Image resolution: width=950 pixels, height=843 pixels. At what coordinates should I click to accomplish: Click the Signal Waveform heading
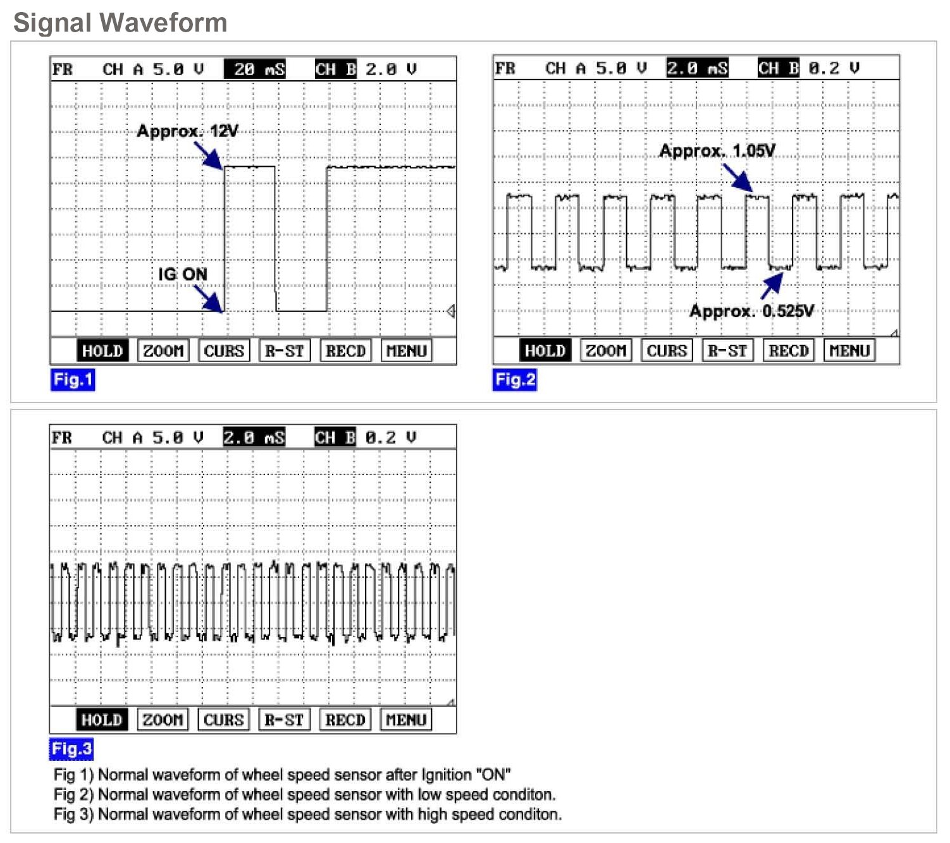click(x=120, y=23)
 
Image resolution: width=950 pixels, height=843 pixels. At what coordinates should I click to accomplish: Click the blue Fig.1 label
click(x=73, y=380)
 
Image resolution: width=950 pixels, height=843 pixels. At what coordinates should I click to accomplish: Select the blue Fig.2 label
click(x=515, y=380)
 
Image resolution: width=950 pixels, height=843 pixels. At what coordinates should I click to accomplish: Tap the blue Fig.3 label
click(x=71, y=749)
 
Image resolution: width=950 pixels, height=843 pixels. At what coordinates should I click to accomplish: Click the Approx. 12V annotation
click(x=187, y=131)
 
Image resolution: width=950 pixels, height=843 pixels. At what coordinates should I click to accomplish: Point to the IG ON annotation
click(x=182, y=274)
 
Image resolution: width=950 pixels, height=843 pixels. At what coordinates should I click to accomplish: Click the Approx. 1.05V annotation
click(x=717, y=151)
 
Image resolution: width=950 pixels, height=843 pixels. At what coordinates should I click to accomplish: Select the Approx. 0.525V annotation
click(x=751, y=311)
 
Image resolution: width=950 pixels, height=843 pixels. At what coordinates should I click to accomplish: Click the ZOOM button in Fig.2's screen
click(x=605, y=351)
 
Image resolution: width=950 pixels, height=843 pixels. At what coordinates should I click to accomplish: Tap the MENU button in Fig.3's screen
click(x=405, y=720)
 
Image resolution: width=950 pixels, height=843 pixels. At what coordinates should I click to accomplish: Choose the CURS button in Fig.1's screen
click(x=224, y=351)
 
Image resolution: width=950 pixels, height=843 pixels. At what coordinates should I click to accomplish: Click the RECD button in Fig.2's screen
click(x=788, y=351)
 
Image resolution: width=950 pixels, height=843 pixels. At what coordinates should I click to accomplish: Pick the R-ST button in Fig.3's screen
click(x=284, y=720)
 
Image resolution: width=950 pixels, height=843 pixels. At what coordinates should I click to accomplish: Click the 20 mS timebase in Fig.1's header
click(x=255, y=70)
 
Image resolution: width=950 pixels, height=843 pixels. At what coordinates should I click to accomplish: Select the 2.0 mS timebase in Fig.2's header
click(x=697, y=68)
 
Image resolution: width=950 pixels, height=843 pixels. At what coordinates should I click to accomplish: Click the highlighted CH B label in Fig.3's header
click(x=335, y=437)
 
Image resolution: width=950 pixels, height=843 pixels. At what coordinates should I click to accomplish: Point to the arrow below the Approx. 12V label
click(x=208, y=155)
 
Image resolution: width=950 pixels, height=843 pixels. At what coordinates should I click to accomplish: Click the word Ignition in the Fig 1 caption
click(x=446, y=775)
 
